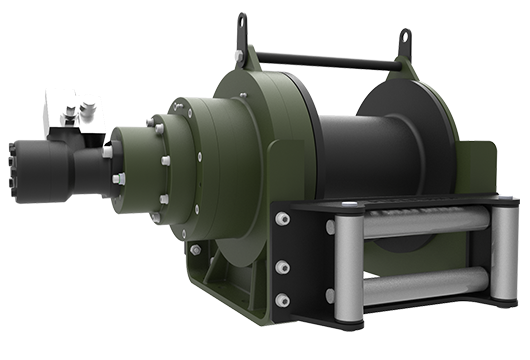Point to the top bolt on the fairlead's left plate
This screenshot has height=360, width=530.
284,218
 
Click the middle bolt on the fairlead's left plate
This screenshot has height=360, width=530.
283,266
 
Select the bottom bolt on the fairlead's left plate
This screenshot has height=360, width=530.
283,300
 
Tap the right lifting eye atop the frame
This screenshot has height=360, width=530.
405,42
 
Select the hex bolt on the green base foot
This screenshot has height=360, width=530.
195,249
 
